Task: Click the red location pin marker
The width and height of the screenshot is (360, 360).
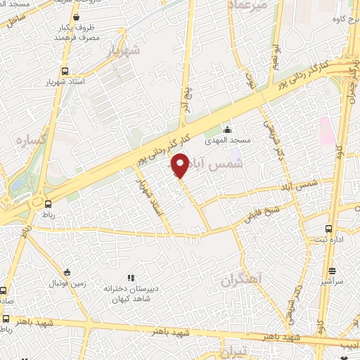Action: coord(180,166)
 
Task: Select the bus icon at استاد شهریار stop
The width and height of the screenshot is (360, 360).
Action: coord(65,72)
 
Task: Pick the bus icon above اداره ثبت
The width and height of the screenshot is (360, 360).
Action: coord(329,229)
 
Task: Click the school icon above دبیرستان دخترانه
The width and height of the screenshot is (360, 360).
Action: coord(130,278)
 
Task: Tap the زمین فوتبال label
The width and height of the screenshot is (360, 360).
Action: coord(65,283)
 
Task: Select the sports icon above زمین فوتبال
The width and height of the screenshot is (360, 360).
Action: coord(67,272)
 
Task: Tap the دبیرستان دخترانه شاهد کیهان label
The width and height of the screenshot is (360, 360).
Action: coord(129,294)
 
